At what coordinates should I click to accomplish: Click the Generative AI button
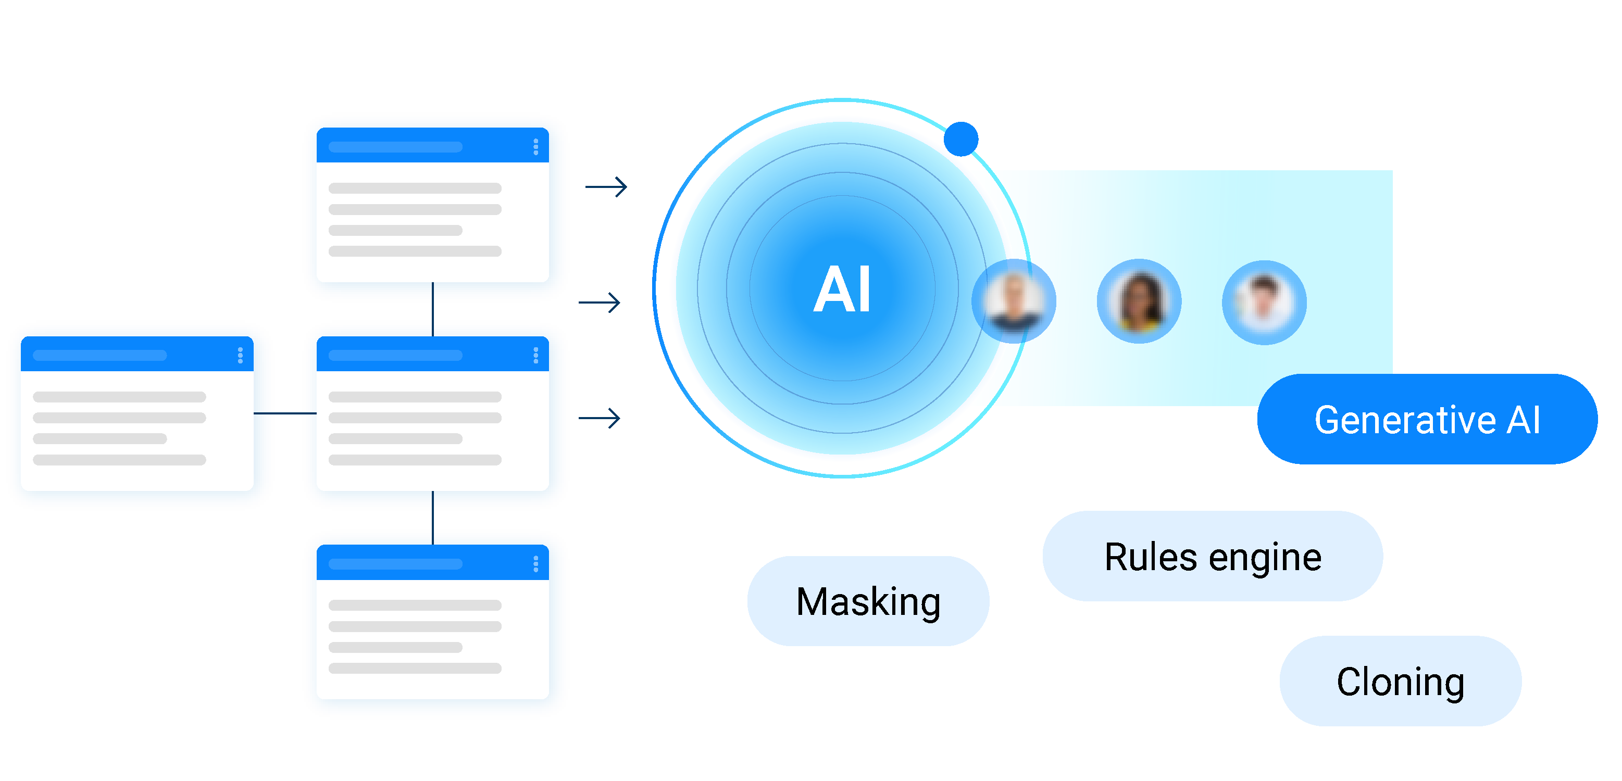coord(1426,420)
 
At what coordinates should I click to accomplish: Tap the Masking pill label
coord(868,601)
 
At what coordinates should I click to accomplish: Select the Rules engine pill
coord(1212,556)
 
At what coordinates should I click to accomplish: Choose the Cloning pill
coord(1400,681)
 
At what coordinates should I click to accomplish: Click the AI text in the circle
coord(842,289)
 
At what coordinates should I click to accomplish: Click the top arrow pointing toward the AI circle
coord(606,186)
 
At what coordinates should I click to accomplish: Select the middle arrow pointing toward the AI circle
coord(600,303)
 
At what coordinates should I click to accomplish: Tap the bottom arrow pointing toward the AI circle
coord(600,418)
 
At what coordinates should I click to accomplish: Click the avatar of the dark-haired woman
coord(1139,301)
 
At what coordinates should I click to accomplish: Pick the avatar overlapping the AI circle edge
coord(1013,301)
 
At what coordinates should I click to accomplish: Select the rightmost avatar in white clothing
coord(1264,303)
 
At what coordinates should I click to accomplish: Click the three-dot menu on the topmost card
coord(536,147)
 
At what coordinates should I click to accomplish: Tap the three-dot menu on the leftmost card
coord(240,356)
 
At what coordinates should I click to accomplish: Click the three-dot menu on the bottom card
coord(536,564)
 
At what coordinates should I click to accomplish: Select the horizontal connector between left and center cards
coord(284,413)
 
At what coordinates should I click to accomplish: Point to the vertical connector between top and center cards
coord(432,310)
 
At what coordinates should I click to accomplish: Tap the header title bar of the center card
coord(395,356)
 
